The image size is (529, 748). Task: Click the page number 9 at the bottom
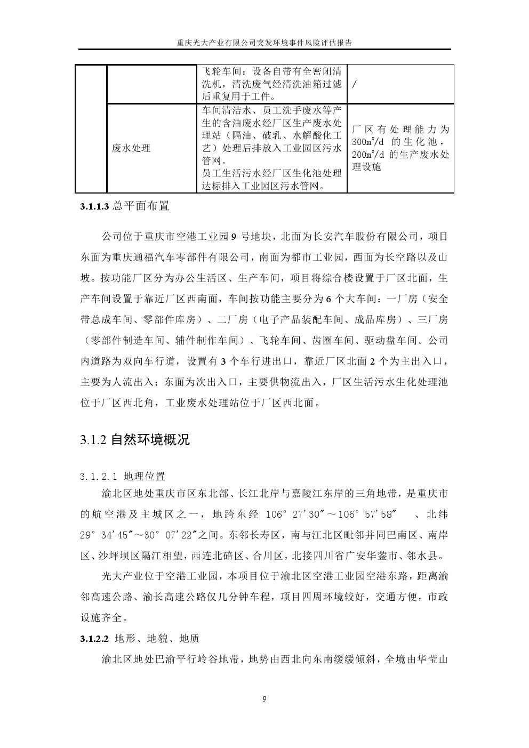click(264, 699)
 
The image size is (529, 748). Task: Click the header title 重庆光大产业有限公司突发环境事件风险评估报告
click(264, 43)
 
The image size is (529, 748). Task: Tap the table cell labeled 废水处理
click(131, 148)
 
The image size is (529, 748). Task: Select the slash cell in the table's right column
click(355, 84)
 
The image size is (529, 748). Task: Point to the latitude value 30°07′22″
click(173, 535)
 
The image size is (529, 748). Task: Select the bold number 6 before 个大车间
click(328, 299)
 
